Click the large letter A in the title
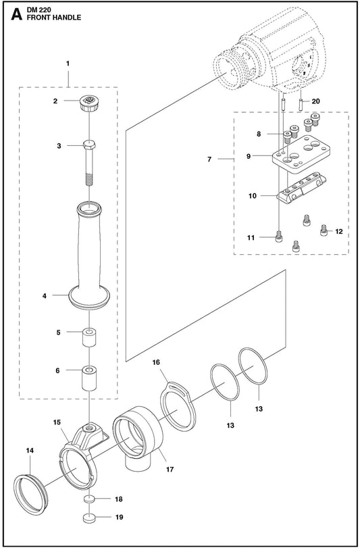tap(16, 15)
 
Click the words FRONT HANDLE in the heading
tap(54, 18)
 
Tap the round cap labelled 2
tap(89, 103)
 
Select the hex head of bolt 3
tap(89, 145)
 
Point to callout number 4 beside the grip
tap(45, 296)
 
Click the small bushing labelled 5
tap(89, 337)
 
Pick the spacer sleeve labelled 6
tap(89, 378)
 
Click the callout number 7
tap(209, 159)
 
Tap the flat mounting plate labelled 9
tap(302, 153)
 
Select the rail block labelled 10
tap(301, 187)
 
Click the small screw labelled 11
tap(279, 237)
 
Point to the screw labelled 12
tap(324, 230)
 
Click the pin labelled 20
tap(301, 105)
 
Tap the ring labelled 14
tap(30, 495)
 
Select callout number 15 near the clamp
tap(57, 422)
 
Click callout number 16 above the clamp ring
tap(156, 362)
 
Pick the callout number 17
tap(170, 470)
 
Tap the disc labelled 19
tap(89, 518)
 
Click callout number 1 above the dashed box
tap(68, 64)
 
